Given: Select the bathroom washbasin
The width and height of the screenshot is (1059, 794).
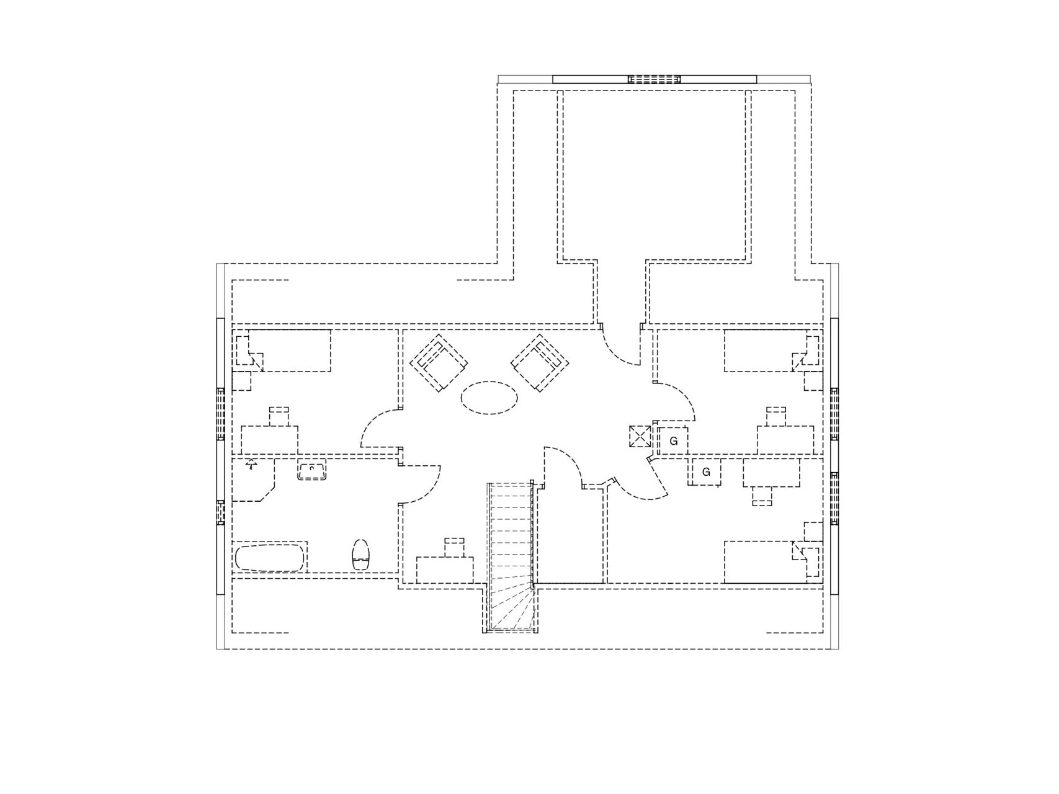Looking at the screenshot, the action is [312, 471].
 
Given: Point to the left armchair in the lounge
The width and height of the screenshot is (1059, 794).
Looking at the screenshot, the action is [439, 362].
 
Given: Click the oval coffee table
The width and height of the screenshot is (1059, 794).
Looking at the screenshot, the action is [489, 397].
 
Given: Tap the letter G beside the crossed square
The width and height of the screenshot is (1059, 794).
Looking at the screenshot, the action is [673, 442].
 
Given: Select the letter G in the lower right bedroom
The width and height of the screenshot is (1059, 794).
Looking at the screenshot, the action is [706, 472].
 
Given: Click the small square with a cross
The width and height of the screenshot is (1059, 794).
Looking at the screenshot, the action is [640, 436].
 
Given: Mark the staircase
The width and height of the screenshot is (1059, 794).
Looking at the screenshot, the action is [511, 557].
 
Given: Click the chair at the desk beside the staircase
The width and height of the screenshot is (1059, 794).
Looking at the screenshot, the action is [455, 546].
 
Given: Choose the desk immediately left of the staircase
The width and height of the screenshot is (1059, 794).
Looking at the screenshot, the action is [445, 570].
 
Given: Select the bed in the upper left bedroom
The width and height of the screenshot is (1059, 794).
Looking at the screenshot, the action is [282, 350].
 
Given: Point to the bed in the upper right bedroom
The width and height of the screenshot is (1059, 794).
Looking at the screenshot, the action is [772, 350].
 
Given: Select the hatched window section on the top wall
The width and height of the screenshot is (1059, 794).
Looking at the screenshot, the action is [654, 79].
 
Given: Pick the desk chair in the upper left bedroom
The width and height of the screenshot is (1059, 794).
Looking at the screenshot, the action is [279, 416].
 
